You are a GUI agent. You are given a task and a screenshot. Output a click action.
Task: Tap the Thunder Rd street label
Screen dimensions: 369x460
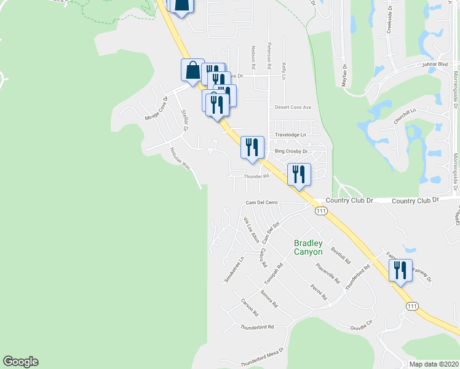256,177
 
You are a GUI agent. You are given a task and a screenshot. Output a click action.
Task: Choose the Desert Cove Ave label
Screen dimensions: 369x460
294,107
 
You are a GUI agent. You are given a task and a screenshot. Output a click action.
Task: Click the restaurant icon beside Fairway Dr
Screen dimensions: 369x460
400,271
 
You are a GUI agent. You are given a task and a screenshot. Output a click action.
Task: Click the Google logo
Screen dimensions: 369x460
20,362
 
